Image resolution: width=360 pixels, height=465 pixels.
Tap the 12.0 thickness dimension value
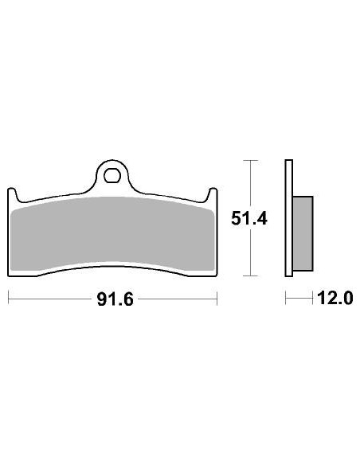[x=335, y=299]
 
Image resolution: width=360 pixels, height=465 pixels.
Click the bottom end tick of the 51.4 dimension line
[x=252, y=276]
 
